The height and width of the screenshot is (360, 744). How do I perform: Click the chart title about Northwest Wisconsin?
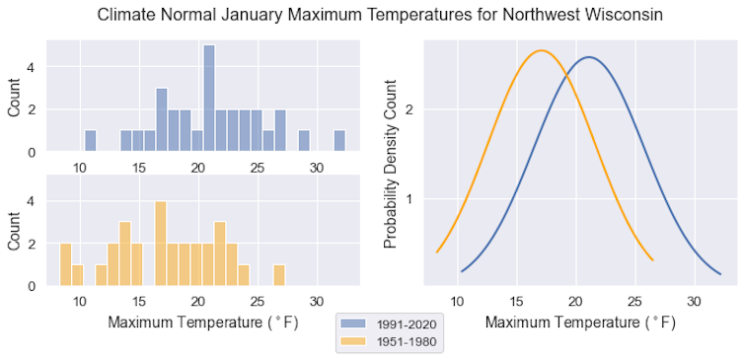point(372,16)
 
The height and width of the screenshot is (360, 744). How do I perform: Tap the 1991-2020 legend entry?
point(391,324)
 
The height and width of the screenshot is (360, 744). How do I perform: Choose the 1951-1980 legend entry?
point(391,342)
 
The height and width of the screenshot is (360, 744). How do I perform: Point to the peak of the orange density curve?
point(540,50)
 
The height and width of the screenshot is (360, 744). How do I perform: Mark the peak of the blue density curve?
point(589,57)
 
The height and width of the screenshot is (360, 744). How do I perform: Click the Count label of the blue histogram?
point(14,98)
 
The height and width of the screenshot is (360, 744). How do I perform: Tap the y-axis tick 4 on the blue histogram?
point(32,67)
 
